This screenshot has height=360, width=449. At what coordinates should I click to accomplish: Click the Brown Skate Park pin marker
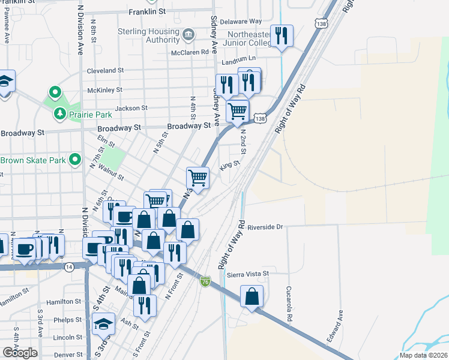(75, 160)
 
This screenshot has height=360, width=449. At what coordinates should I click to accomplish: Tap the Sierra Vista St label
(248, 274)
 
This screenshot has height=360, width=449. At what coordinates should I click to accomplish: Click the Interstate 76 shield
(205, 281)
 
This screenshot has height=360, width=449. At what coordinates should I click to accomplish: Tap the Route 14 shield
(70, 266)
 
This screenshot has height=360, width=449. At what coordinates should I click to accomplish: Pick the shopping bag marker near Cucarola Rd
(252, 296)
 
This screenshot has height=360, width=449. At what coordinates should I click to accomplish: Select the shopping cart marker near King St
(197, 177)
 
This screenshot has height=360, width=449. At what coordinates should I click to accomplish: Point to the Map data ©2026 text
(424, 355)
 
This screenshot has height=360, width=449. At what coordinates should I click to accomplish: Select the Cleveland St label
(105, 70)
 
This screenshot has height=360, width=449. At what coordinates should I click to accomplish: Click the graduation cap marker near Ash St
(103, 324)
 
